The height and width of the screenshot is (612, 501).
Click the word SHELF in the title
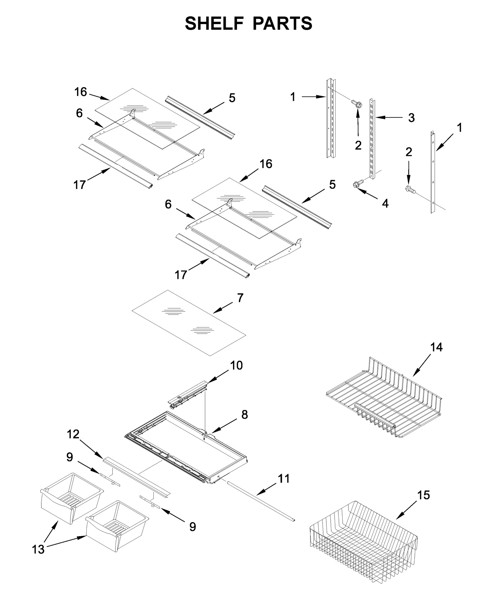point(214,24)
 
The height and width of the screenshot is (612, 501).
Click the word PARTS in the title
point(282,24)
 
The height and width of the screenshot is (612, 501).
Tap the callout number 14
point(436,347)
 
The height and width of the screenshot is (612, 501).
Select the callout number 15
point(423,495)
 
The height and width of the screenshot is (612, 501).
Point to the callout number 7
point(240,298)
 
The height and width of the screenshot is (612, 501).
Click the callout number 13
point(38,549)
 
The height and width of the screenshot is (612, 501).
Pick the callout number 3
point(411,118)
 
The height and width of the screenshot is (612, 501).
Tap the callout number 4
point(385,203)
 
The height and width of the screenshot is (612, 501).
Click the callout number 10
point(236,365)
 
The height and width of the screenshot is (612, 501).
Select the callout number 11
point(284,479)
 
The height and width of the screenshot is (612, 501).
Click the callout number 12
point(73,434)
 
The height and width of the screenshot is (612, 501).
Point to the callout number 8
point(245,415)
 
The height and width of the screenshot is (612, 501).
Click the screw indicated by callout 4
point(359,183)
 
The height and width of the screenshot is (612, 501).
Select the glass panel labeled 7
point(189,323)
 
